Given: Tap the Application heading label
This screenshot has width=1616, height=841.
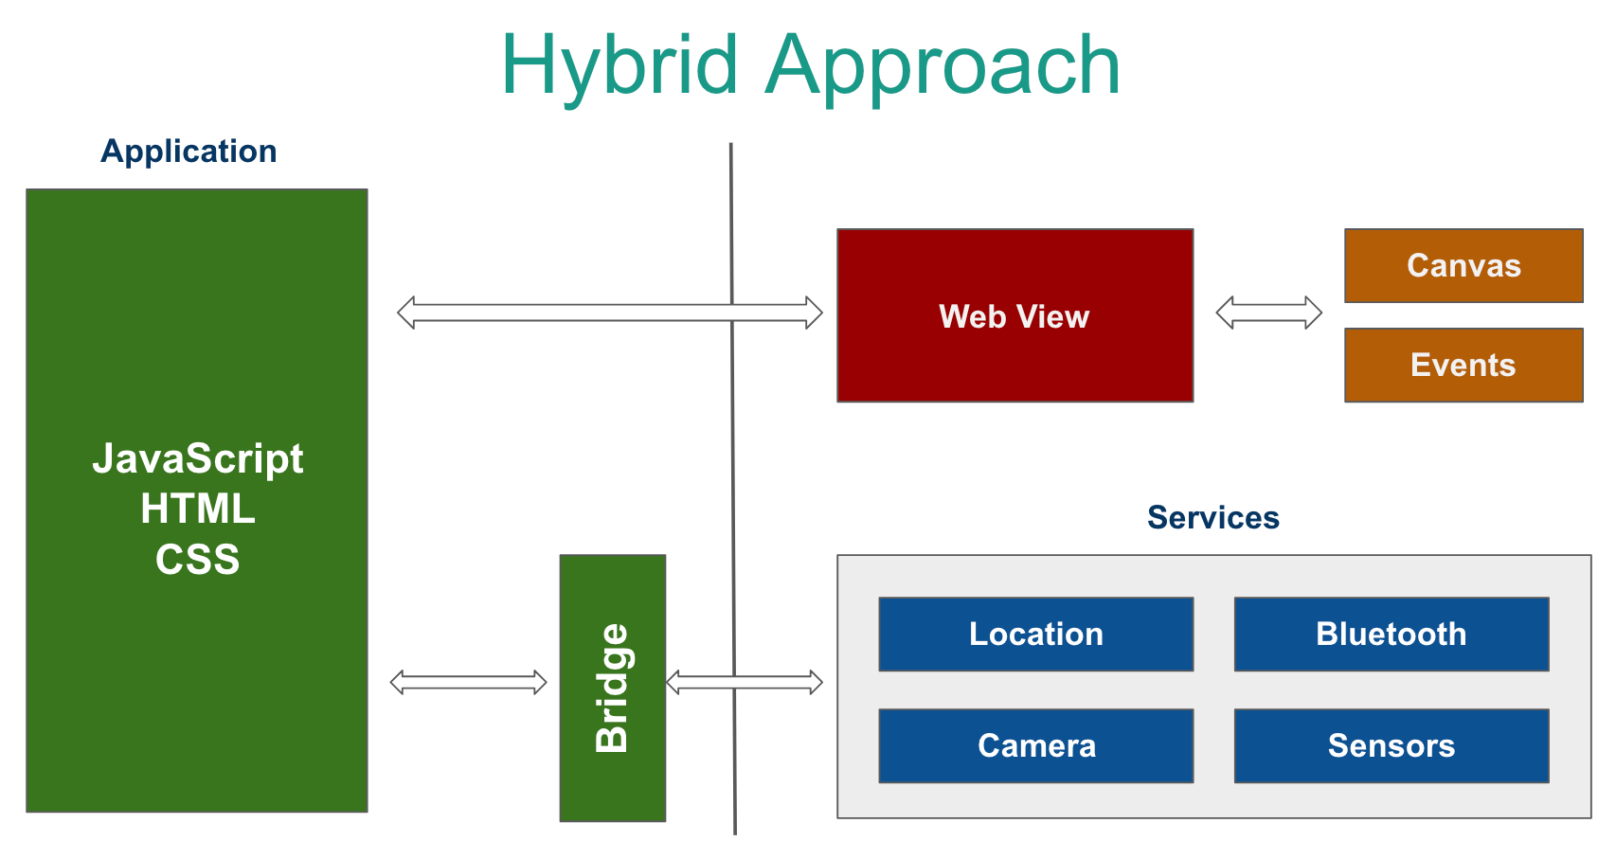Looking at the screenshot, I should click(189, 152).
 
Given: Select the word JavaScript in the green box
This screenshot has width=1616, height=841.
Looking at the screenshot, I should click(197, 458).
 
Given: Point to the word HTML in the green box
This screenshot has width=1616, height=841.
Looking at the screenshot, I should click(197, 510).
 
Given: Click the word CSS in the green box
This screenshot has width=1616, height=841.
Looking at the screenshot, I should click(197, 560).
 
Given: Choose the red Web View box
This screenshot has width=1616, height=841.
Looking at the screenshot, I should click(1014, 315).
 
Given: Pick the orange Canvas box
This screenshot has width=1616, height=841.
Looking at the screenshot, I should click(1463, 265).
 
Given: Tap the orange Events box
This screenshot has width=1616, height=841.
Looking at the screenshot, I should click(1463, 365).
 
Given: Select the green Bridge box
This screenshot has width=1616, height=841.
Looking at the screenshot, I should click(613, 688).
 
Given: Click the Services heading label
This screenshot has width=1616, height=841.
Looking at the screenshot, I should click(1212, 518).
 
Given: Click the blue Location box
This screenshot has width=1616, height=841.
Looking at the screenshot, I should click(1035, 634).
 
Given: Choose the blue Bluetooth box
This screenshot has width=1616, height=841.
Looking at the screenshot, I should click(1391, 634).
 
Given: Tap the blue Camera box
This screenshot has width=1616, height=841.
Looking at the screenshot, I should click(1035, 745).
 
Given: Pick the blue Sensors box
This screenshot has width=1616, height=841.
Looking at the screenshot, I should click(1391, 745).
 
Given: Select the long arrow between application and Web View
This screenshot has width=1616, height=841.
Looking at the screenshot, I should click(587, 313).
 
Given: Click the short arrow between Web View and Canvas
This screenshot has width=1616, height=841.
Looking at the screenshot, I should click(1268, 313).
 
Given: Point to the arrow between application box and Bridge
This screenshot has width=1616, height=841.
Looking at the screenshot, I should click(468, 682).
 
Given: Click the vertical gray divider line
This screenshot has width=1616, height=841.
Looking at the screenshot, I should click(732, 474).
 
